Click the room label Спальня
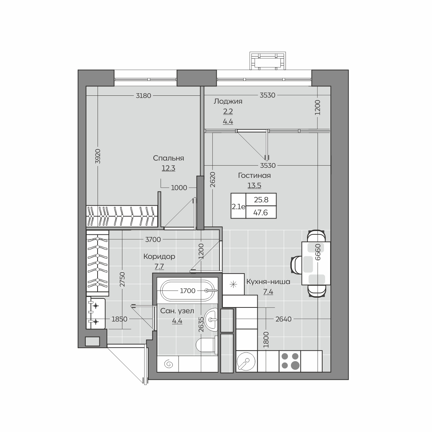(168, 158)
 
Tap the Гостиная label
(254, 176)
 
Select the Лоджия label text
(228, 102)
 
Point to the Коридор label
(159, 256)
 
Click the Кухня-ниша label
(268, 282)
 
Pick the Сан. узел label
(177, 311)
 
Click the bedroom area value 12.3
(168, 168)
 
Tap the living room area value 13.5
(254, 185)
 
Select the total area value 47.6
(261, 212)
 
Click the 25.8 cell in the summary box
(261, 199)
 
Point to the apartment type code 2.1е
(238, 207)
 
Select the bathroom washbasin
(211, 319)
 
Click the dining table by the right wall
(316, 263)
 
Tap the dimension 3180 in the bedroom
(144, 96)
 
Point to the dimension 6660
(318, 252)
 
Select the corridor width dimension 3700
(153, 239)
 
